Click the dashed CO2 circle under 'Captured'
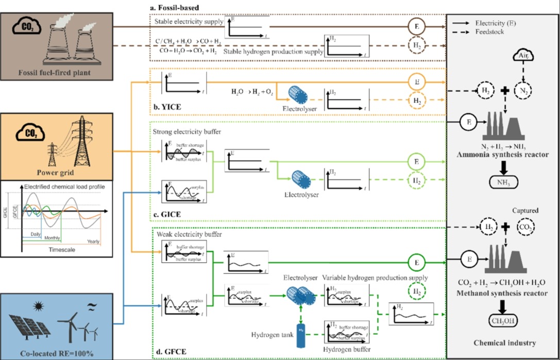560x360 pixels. click(525, 227)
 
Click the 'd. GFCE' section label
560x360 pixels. click(168, 353)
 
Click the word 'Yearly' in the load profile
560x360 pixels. click(93, 241)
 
